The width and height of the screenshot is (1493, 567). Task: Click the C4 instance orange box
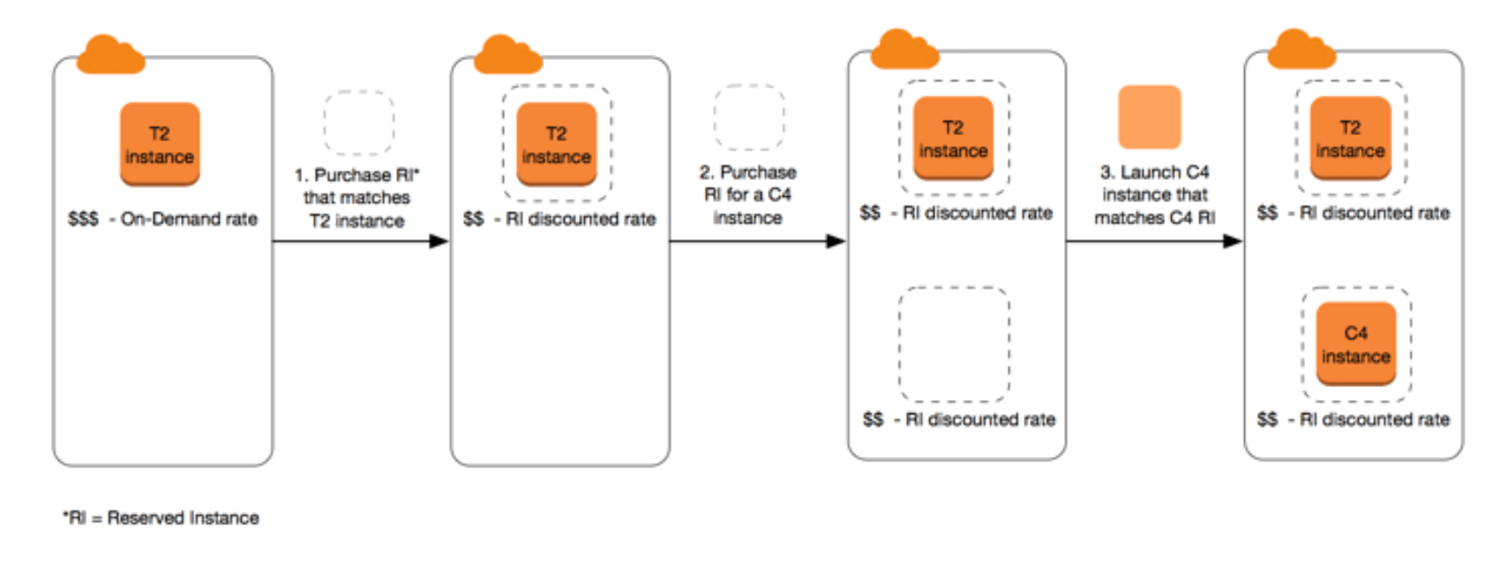1356,344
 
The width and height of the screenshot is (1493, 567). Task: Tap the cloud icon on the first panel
110,55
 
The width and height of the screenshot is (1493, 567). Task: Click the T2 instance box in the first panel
160,144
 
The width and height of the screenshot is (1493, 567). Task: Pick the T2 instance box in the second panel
557,144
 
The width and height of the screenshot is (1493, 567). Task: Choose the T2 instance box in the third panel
953,138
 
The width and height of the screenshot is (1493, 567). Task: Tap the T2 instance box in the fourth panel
1350,138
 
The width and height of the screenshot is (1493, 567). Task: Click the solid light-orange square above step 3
1150,117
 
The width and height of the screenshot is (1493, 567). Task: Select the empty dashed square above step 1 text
358,122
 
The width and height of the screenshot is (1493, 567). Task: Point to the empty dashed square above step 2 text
748,117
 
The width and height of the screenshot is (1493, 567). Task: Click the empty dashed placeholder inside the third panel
953,344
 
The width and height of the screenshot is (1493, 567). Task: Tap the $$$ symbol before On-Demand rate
83,218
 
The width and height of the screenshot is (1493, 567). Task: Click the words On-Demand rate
189,218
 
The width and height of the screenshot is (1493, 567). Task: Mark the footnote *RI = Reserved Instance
161,518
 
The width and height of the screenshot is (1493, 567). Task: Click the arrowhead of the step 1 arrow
439,241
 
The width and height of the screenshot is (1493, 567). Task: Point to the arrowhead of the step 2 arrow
836,241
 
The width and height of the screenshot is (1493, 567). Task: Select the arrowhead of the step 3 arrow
1233,241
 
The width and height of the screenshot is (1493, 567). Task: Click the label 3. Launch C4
1154,172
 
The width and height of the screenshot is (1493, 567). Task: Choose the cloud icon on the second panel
507,55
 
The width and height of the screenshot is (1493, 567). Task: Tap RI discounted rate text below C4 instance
1374,420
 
